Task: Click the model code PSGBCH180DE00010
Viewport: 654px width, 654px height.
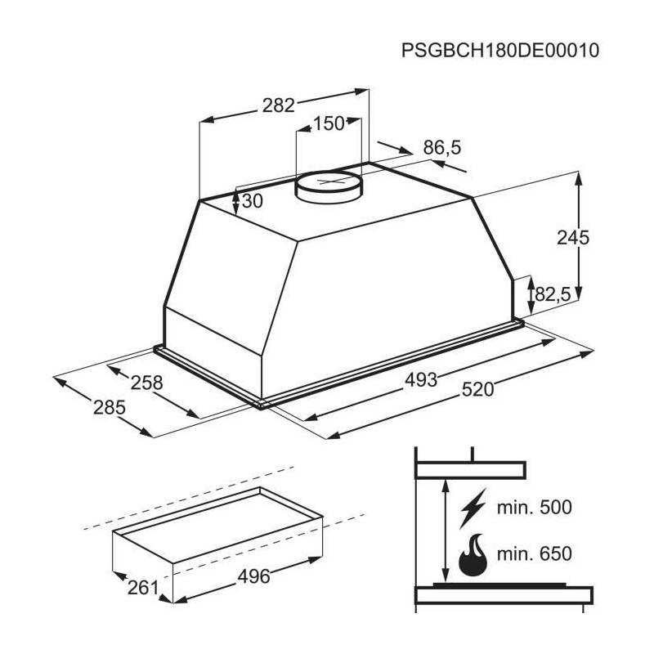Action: coord(500,51)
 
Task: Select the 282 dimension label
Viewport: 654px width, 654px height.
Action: coord(278,105)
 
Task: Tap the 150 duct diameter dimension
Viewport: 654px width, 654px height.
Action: coord(329,123)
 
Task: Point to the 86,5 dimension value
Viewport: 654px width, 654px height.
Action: coord(442,148)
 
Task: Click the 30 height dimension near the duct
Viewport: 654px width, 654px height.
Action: coord(253,201)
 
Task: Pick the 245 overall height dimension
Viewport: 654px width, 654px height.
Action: coord(573,238)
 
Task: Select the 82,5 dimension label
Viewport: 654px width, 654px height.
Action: coord(553,294)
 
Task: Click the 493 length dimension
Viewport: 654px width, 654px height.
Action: coord(421,380)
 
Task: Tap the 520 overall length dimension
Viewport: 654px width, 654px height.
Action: coord(477,390)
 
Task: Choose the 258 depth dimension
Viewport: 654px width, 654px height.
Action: coord(147,383)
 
